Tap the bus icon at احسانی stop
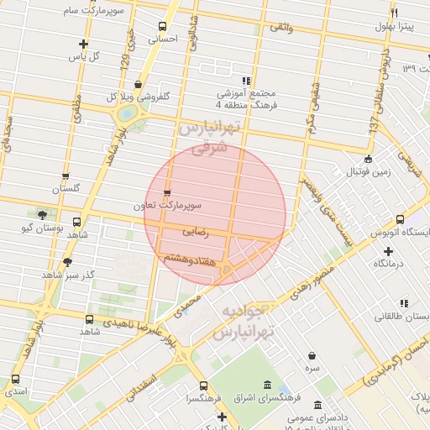point(161,25)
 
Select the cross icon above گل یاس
point(82,44)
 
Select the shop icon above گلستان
point(66,176)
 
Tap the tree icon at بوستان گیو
point(42,215)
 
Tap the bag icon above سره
point(312,355)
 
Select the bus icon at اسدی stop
point(13,379)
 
